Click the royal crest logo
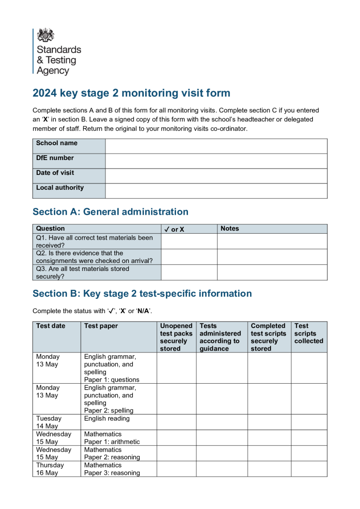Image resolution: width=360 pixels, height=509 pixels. [x=46, y=35]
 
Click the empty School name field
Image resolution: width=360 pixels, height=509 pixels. [x=216, y=146]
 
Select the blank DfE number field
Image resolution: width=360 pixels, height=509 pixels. [x=216, y=161]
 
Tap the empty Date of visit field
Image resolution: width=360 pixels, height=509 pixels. [x=216, y=176]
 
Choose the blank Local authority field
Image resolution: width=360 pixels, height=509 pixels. [x=216, y=191]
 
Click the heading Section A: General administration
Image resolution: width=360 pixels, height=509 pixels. [x=110, y=212]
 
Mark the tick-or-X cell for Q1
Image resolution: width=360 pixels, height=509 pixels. [x=189, y=241]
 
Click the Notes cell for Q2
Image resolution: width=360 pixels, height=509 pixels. [x=272, y=256]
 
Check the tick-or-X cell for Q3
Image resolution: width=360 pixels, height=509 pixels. [x=189, y=272]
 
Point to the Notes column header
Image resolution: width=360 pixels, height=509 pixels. [x=230, y=229]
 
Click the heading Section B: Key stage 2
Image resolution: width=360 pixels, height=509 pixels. [x=142, y=293]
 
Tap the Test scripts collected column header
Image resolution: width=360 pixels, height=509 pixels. [x=308, y=334]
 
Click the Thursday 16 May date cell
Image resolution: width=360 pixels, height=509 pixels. [x=50, y=469]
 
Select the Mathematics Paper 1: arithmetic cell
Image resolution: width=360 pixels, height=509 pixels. [x=112, y=437]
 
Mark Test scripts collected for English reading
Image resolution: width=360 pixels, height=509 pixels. [x=309, y=422]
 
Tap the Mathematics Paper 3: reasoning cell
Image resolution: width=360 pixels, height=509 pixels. [x=112, y=469]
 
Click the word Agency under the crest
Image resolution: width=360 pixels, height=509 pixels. [x=53, y=71]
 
